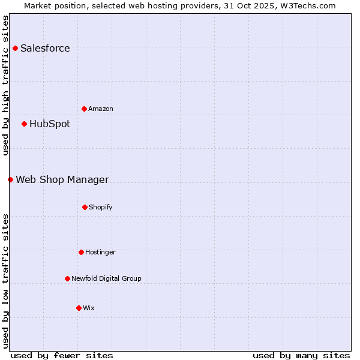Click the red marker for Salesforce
click(x=15, y=48)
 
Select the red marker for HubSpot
click(x=24, y=124)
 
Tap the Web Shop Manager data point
click(x=10, y=179)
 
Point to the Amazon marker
click(x=84, y=109)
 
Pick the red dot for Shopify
click(x=85, y=207)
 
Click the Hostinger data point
click(x=81, y=252)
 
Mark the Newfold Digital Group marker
click(x=67, y=278)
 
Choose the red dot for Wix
click(x=79, y=308)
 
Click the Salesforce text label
click(x=45, y=49)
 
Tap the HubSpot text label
click(x=50, y=124)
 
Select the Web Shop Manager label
click(x=62, y=180)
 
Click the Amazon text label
click(x=101, y=109)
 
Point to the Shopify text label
click(x=101, y=208)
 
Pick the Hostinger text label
click(x=100, y=253)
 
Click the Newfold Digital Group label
click(x=106, y=279)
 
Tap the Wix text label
click(x=89, y=308)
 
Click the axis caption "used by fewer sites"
click(x=62, y=355)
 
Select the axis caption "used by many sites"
click(x=301, y=355)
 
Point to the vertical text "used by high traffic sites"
click(x=6, y=85)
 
